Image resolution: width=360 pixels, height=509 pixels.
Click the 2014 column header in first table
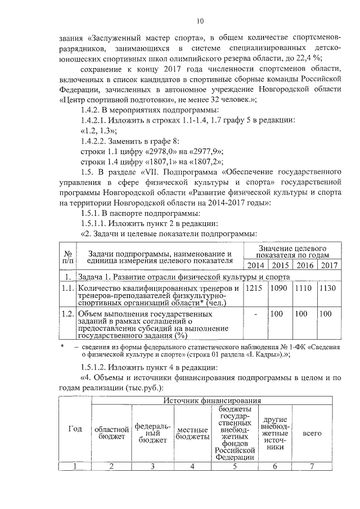256,265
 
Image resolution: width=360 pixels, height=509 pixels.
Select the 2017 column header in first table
328,265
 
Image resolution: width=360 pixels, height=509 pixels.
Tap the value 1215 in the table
255,288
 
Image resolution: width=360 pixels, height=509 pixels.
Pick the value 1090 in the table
280,288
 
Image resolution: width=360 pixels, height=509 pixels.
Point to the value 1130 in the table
327,288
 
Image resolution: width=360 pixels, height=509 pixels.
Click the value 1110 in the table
304,288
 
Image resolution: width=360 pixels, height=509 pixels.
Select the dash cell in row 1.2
256,313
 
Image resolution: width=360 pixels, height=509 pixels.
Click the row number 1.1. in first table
67,288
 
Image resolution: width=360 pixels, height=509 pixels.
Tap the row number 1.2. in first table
67,313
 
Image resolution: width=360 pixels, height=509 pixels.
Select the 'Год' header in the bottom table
75,429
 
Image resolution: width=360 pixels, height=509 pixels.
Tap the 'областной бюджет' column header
110,434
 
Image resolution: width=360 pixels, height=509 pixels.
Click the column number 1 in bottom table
75,465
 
